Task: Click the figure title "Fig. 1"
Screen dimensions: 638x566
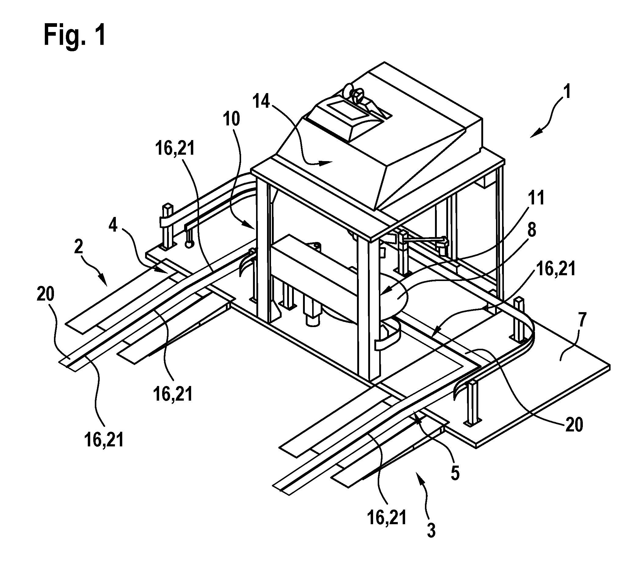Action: click(x=75, y=36)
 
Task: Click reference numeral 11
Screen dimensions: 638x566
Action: click(x=536, y=197)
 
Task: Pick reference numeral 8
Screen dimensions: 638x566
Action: click(x=532, y=230)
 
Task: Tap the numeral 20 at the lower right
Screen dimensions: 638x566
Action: click(x=574, y=425)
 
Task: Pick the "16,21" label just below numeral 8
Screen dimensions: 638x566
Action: click(x=556, y=269)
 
